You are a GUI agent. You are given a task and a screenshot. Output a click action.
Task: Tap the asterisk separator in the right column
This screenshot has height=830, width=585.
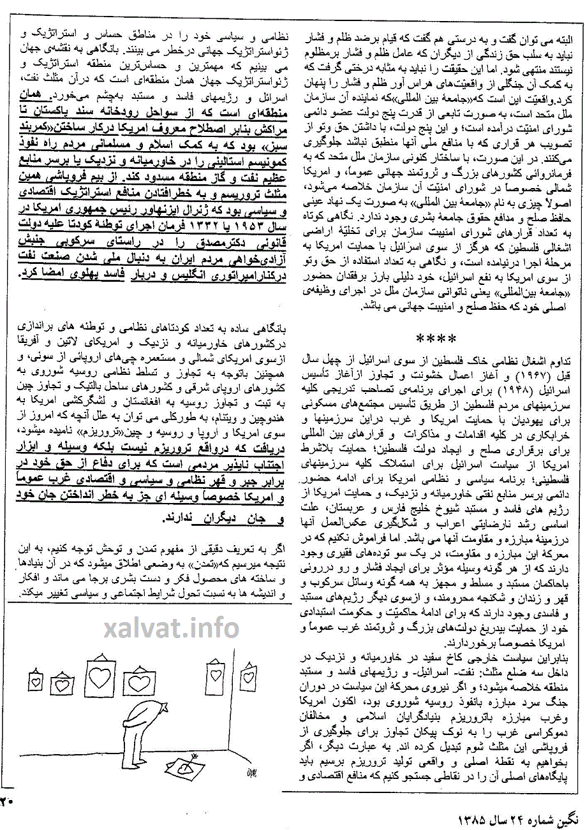point(436,339)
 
